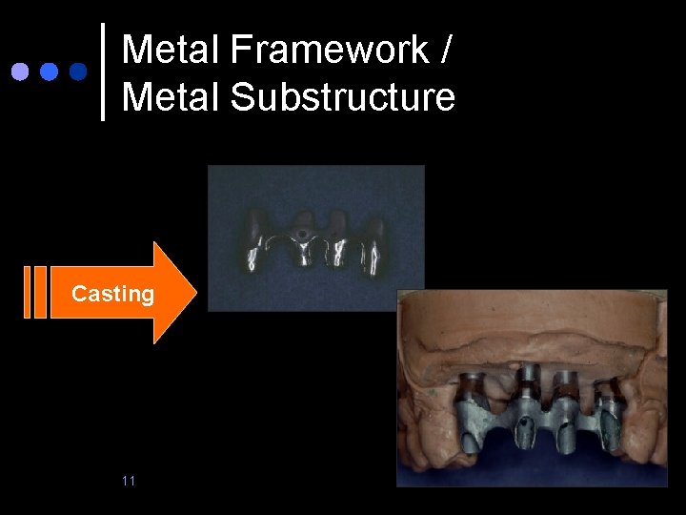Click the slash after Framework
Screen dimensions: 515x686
pyautogui.click(x=445, y=50)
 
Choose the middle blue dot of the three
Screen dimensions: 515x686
pyautogui.click(x=49, y=72)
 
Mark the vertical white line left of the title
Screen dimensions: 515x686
pyautogui.click(x=103, y=72)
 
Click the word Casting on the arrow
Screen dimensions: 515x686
pyautogui.click(x=112, y=294)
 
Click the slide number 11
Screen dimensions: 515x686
pyautogui.click(x=129, y=480)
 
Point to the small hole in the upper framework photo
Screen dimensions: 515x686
pyautogui.click(x=302, y=232)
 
